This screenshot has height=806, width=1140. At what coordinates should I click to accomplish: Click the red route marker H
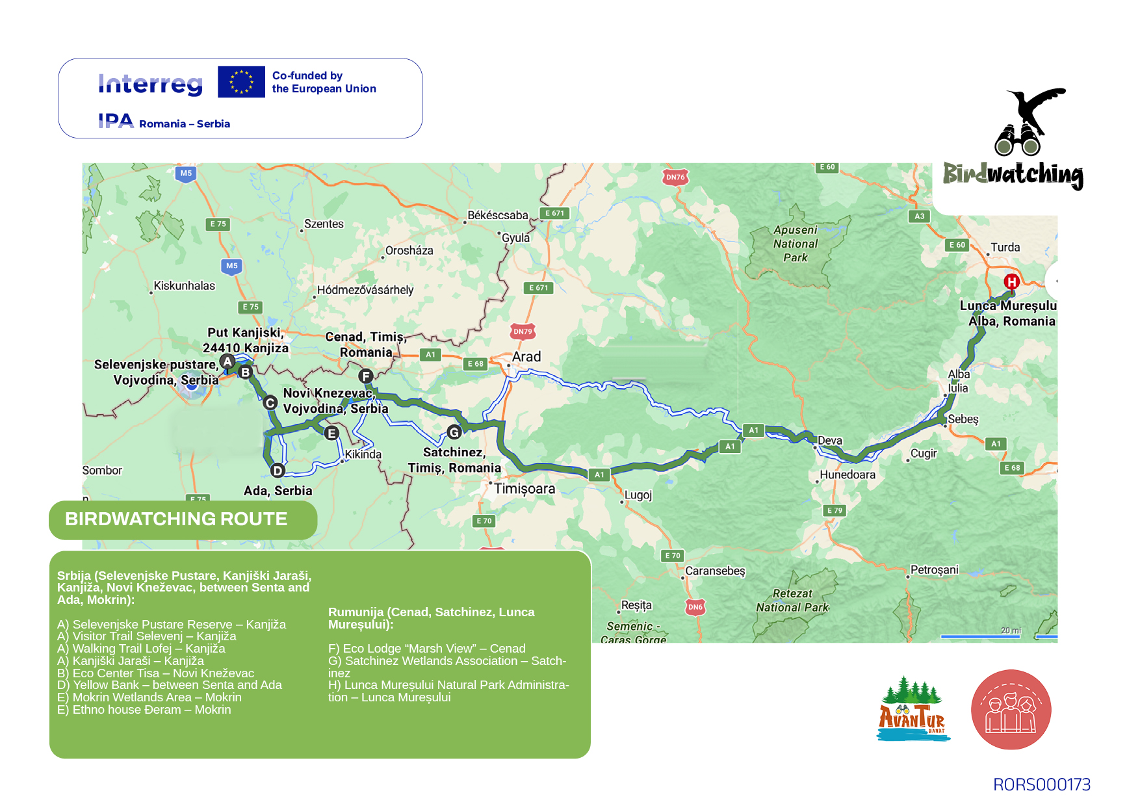click(x=1011, y=281)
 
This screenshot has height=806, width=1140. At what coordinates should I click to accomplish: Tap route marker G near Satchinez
click(x=454, y=432)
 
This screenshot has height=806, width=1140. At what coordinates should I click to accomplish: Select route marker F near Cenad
click(x=366, y=376)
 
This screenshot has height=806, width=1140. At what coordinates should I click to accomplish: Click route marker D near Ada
click(x=278, y=471)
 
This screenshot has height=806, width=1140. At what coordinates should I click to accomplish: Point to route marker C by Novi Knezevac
click(x=270, y=403)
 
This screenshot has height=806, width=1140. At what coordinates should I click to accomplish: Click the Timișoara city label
click(x=525, y=489)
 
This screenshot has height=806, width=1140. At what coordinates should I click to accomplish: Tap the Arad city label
click(x=526, y=357)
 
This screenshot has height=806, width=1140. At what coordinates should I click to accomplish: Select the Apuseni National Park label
click(x=796, y=244)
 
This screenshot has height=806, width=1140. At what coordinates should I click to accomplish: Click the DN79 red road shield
click(x=523, y=331)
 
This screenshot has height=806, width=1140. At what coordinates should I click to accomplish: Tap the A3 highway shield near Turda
click(x=919, y=216)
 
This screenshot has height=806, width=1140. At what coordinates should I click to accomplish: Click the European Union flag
click(x=241, y=82)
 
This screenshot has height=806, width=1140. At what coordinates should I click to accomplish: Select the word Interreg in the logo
click(x=150, y=84)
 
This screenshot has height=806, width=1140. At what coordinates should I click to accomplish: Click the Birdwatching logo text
click(x=1013, y=174)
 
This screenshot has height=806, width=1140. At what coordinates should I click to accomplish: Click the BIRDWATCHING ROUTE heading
click(x=176, y=519)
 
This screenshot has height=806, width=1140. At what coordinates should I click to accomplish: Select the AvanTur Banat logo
click(x=913, y=710)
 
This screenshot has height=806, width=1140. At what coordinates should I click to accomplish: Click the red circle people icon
click(x=1011, y=710)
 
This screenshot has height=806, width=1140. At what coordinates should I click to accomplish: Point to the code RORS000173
click(x=1041, y=785)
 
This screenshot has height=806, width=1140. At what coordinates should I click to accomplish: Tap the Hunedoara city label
click(x=847, y=474)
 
